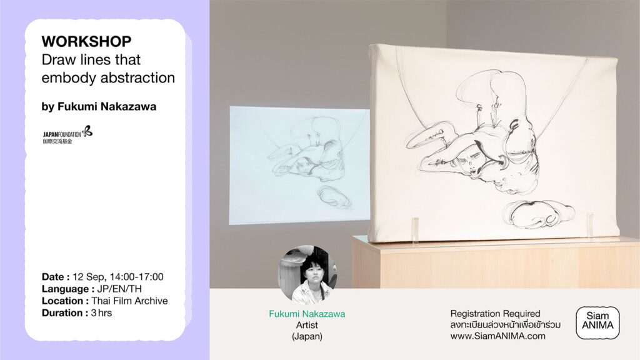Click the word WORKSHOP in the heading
pos(86,42)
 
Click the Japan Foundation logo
pos(67,135)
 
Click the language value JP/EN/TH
pos(119,289)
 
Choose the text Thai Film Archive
pos(129,301)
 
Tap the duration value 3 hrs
pos(101,313)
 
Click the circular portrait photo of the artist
pos(307,275)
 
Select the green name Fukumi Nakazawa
pos(307,314)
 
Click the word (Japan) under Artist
pos(307,336)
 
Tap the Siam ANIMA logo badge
pos(597,323)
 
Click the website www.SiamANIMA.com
pos(498,336)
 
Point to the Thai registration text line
pos(505,325)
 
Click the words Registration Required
pos(495,314)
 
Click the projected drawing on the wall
pos(299,165)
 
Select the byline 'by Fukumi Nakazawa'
pos(99,106)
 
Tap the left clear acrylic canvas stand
pos(415,230)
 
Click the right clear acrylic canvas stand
pos(590,224)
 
